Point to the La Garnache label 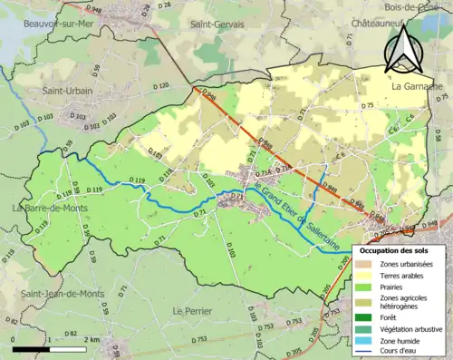[x=418, y=86]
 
